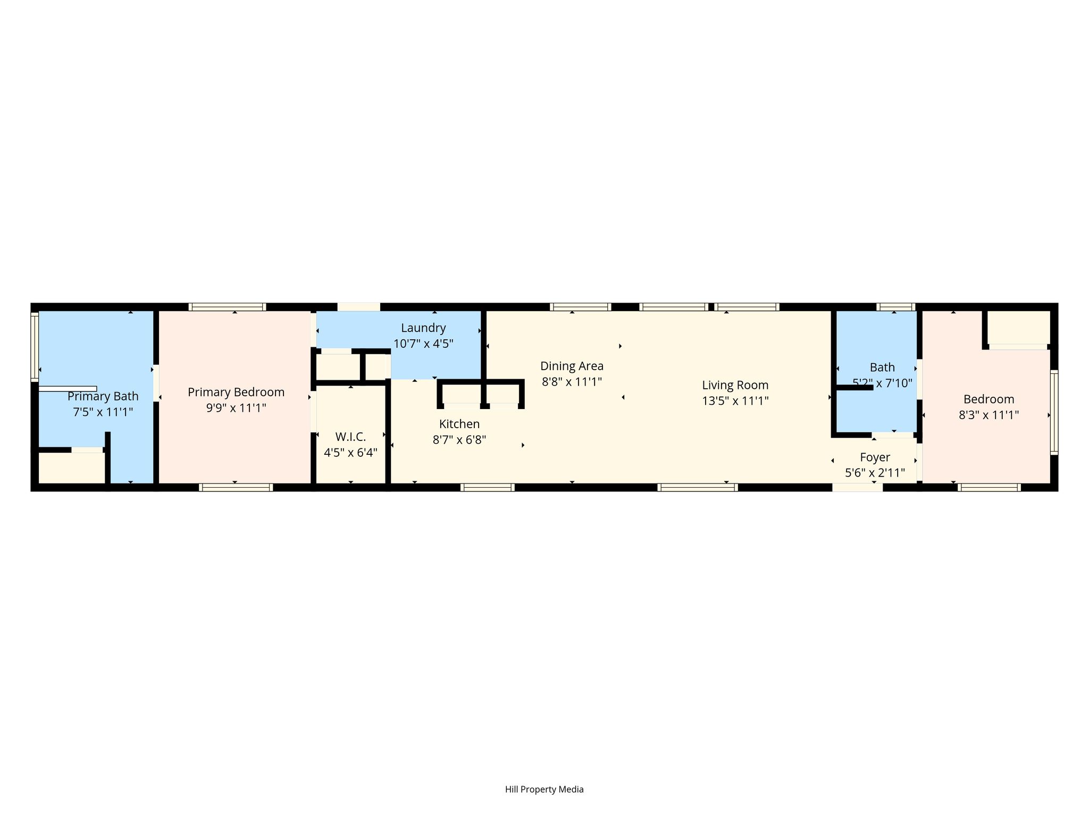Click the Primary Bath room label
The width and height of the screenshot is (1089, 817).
click(103, 396)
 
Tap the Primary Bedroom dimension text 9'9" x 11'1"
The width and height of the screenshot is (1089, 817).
click(236, 408)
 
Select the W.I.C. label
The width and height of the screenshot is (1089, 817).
click(350, 437)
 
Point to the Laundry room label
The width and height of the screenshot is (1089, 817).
click(423, 328)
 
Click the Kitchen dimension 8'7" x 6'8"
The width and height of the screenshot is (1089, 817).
click(459, 440)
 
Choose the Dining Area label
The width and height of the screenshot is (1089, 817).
click(572, 366)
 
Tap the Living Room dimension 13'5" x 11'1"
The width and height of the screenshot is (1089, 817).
click(735, 401)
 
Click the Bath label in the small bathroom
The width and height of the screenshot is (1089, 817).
click(882, 367)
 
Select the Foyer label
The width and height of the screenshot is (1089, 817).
click(875, 457)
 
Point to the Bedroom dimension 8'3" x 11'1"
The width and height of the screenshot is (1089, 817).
click(989, 415)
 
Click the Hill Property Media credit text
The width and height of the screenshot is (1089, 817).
click(544, 789)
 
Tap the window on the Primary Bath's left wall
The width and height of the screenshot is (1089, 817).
click(35, 347)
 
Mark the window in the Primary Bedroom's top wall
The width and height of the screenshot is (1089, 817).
click(227, 307)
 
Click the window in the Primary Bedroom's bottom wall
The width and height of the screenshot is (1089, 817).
click(236, 487)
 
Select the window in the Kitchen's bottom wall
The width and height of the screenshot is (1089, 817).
click(488, 487)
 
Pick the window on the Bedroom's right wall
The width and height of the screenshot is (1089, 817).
click(1054, 412)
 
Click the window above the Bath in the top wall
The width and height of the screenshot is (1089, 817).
click(895, 307)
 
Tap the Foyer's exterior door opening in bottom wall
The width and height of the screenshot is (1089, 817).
click(857, 487)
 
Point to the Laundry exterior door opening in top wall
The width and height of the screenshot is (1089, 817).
click(359, 307)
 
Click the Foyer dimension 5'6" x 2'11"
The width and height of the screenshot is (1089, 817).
click(875, 473)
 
